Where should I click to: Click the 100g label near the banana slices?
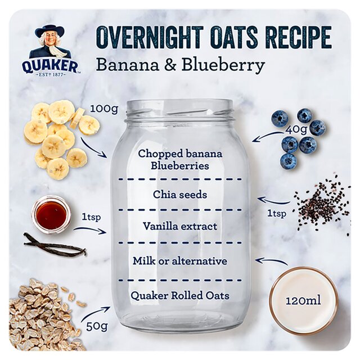coord(105,109)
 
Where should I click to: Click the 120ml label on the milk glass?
coord(303,300)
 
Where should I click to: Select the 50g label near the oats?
coord(96,325)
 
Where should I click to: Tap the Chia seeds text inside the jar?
coord(180,195)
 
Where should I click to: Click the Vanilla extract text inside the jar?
coord(180,226)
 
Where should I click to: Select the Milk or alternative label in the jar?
coord(180,261)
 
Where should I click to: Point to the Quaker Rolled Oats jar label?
coord(180,295)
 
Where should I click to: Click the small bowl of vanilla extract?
coord(51,214)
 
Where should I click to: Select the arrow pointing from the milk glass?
coord(271,262)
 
